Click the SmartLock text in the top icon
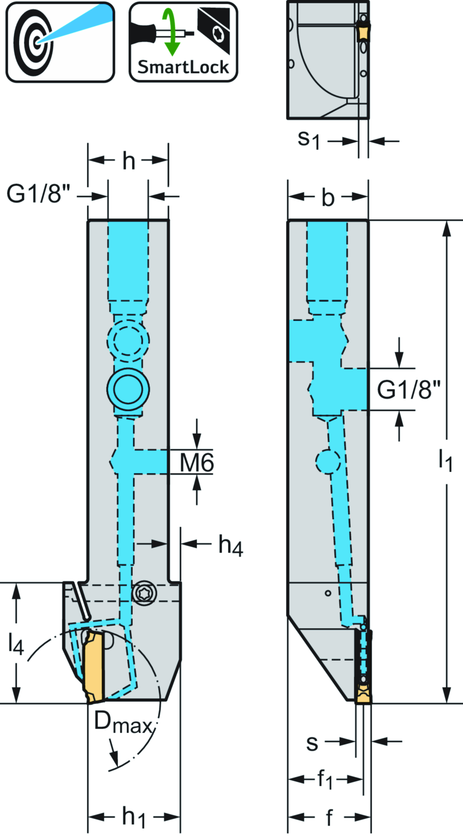[x=183, y=67]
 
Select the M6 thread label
[x=197, y=463]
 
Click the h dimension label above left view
[x=129, y=161]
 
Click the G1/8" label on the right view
[x=409, y=390]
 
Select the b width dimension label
[x=328, y=198]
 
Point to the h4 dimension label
[x=231, y=545]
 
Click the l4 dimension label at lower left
[x=15, y=644]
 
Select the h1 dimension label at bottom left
[x=134, y=817]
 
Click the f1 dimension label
[x=325, y=779]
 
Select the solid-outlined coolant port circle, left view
[x=128, y=389]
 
